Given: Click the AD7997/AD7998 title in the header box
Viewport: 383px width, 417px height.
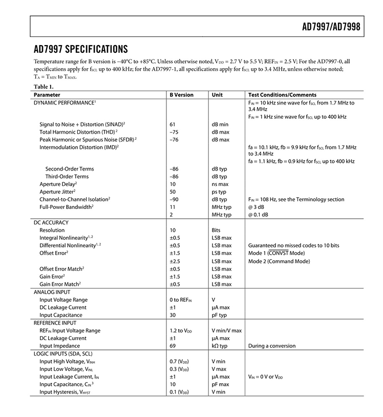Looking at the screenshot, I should click(x=333, y=27).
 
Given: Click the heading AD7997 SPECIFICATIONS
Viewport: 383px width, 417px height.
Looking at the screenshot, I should click(x=80, y=50).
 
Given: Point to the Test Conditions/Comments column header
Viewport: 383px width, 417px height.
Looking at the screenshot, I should click(x=282, y=95).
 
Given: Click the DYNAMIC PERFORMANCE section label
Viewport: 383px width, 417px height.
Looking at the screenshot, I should click(x=65, y=102).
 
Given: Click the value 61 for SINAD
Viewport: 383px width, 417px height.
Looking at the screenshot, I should click(x=173, y=124).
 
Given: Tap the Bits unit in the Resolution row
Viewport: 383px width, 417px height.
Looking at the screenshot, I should click(x=216, y=231).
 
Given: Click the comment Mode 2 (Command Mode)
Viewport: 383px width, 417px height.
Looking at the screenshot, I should click(x=279, y=261).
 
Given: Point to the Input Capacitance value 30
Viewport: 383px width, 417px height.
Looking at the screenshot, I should click(x=173, y=315).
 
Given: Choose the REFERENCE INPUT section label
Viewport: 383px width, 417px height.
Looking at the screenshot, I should click(x=55, y=323).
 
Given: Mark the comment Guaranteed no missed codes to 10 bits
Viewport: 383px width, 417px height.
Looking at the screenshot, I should click(x=293, y=245).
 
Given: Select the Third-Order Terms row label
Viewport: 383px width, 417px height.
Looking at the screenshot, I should click(x=67, y=176).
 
